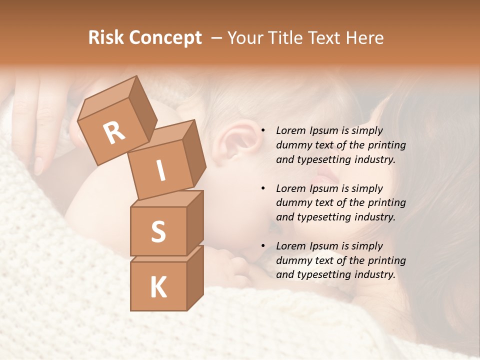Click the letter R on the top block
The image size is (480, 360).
tap(114, 133)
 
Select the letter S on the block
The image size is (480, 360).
tap(158, 231)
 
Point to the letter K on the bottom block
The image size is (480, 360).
tap(158, 287)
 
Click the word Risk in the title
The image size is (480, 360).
tap(106, 38)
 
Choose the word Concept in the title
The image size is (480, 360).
tap(165, 38)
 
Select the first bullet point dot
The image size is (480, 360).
tap(263, 131)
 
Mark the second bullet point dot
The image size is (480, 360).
tap(263, 188)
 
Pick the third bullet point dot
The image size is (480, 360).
tap(263, 246)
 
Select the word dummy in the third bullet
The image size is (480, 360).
tap(292, 260)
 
